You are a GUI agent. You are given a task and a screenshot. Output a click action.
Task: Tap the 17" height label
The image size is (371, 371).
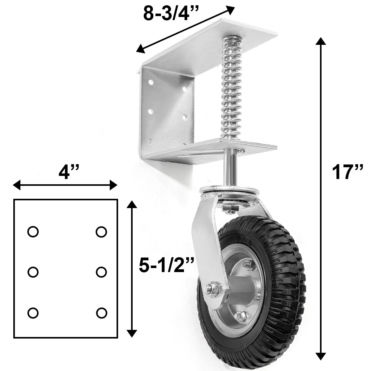pyautogui.click(x=347, y=172)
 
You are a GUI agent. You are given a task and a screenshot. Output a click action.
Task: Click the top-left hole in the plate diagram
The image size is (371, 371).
pyautogui.click(x=32, y=231)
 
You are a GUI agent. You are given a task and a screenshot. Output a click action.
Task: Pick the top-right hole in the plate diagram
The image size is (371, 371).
pyautogui.click(x=101, y=231)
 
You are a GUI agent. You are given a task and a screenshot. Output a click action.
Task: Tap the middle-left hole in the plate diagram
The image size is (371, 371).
pyautogui.click(x=32, y=272)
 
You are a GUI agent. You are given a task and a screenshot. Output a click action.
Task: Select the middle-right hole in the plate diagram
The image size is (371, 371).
pyautogui.click(x=101, y=272)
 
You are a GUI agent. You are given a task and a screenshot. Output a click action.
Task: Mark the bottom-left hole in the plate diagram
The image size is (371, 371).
pyautogui.click(x=32, y=313)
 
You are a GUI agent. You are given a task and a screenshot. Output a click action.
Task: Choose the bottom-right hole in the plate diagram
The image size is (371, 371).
pyautogui.click(x=101, y=313)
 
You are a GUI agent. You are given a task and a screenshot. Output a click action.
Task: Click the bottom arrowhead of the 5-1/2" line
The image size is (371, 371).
pyautogui.click(x=132, y=332)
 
